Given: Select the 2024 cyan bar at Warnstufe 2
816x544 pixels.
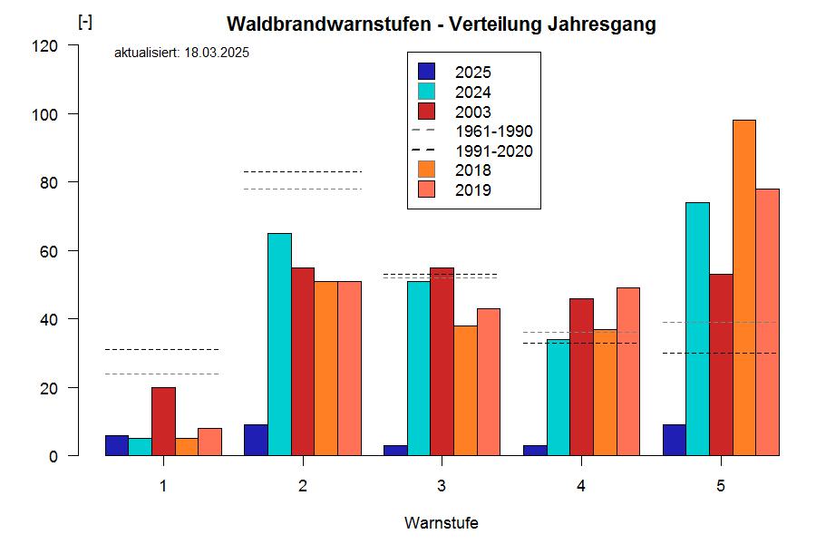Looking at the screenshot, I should (x=279, y=345).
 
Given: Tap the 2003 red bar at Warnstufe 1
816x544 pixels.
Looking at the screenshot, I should (x=163, y=422).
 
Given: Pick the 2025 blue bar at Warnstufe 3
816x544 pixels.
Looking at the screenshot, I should (x=395, y=451).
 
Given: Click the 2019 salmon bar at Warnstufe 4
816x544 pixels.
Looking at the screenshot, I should (x=628, y=372).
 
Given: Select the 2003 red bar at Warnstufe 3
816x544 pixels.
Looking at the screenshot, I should (x=442, y=362).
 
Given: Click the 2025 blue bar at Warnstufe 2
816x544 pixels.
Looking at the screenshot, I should (x=256, y=440).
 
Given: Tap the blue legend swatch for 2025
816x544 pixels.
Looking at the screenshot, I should (x=427, y=72).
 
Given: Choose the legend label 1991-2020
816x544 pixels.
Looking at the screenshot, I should (x=493, y=151).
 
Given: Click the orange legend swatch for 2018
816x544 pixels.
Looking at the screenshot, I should (x=427, y=170).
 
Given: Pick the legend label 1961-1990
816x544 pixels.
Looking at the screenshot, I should (x=493, y=131).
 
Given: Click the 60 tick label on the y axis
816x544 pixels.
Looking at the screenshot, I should (x=60, y=251).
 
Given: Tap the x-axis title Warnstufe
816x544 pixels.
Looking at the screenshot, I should (x=441, y=523).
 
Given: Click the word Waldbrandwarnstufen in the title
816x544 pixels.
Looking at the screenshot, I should (x=328, y=24).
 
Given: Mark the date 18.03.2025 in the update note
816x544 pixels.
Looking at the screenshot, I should (x=217, y=53).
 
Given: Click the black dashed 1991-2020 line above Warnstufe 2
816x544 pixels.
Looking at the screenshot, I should (x=302, y=171).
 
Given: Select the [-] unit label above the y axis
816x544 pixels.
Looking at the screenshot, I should (x=85, y=23).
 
